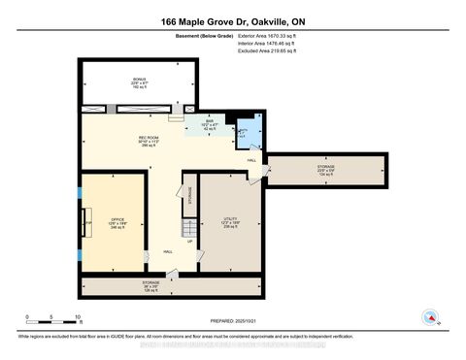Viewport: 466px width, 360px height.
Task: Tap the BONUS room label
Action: click(x=140, y=82)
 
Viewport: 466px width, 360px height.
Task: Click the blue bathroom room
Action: click(x=244, y=135)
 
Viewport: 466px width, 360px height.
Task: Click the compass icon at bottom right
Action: click(x=428, y=316)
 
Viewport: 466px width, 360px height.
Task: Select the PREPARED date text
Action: click(x=232, y=320)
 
